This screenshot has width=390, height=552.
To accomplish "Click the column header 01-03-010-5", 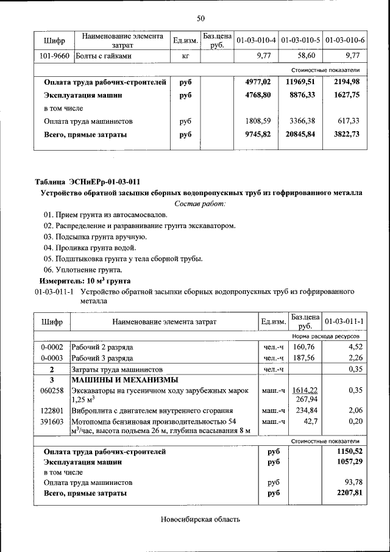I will pos(301,41).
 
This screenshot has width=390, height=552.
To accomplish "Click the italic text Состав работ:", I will pos(200,203).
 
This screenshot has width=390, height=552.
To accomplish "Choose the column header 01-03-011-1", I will pos(344,321).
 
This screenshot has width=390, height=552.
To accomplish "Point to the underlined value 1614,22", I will pos(305,390).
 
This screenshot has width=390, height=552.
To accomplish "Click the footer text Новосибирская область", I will pos(200,520).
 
